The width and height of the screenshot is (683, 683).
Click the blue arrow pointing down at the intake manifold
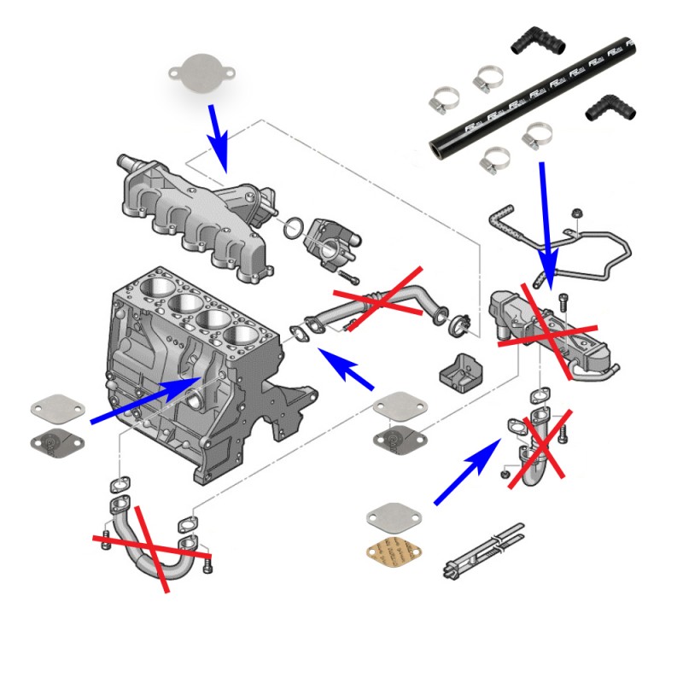[219, 136]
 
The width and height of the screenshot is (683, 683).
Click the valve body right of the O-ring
[330, 241]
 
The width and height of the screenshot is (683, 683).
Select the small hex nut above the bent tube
[577, 213]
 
